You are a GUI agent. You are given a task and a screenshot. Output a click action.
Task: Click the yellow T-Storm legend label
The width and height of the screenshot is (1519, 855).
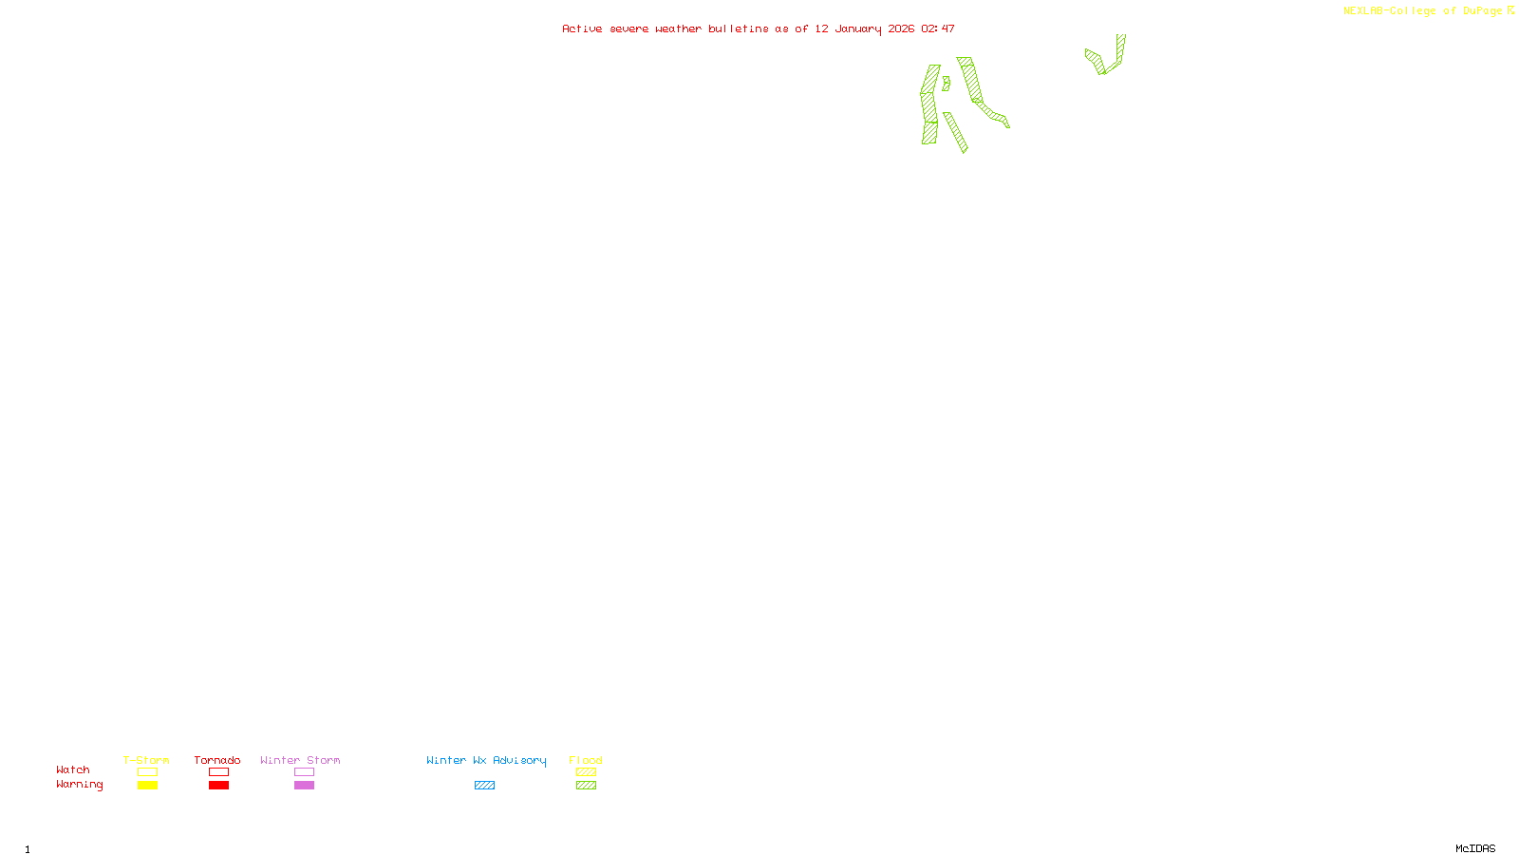tap(146, 760)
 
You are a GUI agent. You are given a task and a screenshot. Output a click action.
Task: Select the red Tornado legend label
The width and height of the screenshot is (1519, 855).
tap(217, 760)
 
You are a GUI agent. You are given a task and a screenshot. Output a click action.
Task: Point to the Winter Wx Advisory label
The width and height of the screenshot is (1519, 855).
tap(486, 760)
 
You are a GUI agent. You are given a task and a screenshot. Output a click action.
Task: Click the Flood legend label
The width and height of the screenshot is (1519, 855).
tap(586, 760)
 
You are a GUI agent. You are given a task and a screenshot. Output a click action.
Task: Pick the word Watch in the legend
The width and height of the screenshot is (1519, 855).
tap(73, 769)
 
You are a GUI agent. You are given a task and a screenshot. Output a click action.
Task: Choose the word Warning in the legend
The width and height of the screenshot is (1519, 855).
tap(80, 785)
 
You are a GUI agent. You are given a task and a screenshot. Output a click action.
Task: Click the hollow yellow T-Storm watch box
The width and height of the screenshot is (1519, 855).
tap(147, 772)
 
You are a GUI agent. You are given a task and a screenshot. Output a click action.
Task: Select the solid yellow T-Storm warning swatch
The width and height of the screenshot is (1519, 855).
tap(147, 786)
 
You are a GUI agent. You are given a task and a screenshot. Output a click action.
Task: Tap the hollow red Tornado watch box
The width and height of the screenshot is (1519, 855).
tap(218, 772)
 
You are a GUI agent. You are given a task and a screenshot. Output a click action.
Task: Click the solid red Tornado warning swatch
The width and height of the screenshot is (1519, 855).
tap(218, 786)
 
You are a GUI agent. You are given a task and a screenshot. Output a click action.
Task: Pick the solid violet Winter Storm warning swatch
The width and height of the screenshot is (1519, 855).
tap(304, 786)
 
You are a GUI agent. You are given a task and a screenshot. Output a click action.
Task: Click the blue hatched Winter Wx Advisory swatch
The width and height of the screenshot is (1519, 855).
tap(484, 786)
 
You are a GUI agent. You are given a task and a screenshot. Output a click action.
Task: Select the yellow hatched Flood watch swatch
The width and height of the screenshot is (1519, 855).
tap(586, 772)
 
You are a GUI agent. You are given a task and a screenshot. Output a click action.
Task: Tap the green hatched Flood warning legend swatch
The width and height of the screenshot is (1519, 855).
tap(586, 786)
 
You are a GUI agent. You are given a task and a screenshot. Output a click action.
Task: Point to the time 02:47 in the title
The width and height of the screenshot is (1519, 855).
tap(938, 28)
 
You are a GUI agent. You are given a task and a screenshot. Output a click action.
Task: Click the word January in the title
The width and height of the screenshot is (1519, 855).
tap(858, 28)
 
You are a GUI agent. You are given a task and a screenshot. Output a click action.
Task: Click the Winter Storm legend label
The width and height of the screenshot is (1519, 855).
tap(300, 760)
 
